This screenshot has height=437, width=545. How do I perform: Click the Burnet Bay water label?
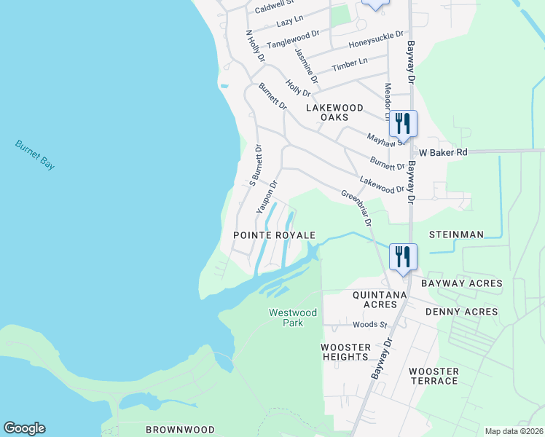point(35,154)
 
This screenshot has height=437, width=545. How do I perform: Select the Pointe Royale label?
point(274,235)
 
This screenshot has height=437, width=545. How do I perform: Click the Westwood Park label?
point(293,318)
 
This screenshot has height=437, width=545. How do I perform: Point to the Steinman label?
point(456,235)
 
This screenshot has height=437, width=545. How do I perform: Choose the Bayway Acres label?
point(461,283)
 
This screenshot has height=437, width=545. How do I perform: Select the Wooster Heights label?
point(346,352)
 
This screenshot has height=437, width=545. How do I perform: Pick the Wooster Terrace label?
point(434,376)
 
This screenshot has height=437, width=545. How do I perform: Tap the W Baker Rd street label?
point(443,152)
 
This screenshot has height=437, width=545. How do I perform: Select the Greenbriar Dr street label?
point(357,207)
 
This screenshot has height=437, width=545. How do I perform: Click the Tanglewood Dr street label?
point(293,39)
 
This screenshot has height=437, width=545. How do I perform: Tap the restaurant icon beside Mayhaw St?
point(403,124)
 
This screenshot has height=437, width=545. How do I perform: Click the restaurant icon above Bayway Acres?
point(403,256)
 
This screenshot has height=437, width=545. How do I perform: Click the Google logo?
point(24,428)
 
